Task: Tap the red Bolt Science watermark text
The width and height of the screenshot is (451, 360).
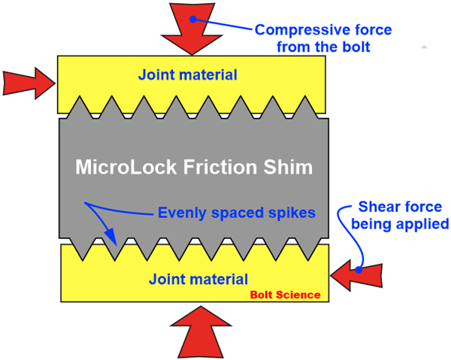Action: click(x=285, y=295)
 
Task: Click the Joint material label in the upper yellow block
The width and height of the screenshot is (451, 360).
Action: click(x=187, y=74)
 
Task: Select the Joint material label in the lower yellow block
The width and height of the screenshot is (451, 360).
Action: click(x=198, y=280)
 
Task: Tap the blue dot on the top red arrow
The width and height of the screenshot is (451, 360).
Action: click(x=193, y=18)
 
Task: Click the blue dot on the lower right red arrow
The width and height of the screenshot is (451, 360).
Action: click(x=360, y=268)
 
